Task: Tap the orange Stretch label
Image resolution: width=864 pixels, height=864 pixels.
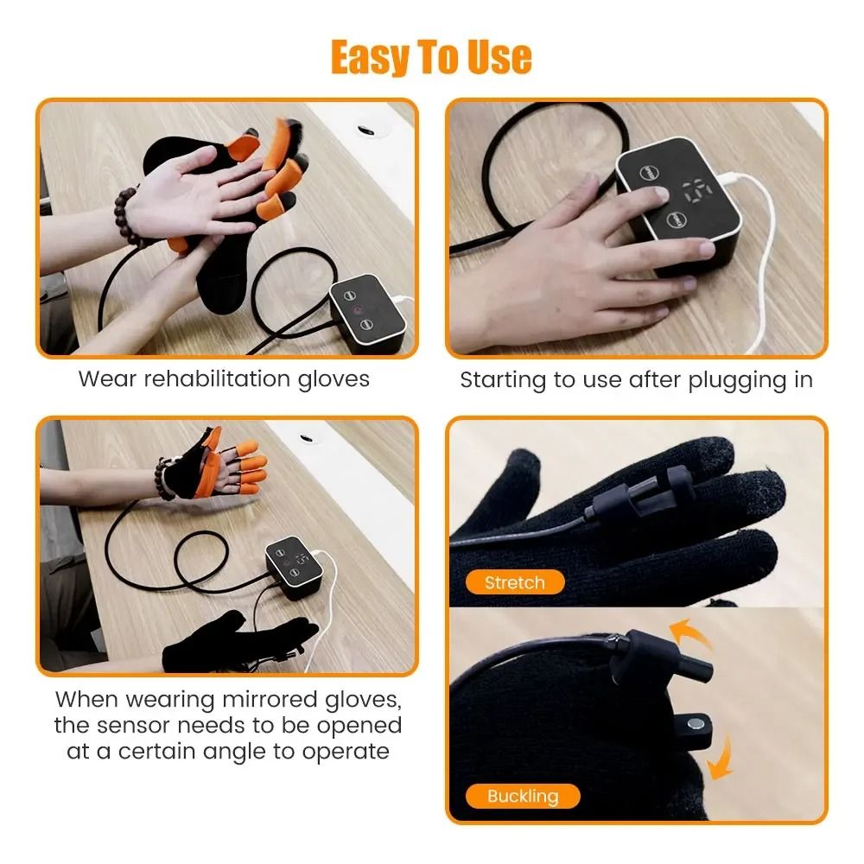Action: [514, 582]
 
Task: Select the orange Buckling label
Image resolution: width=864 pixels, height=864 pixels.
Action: [523, 796]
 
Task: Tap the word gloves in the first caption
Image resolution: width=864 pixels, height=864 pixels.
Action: [333, 378]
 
